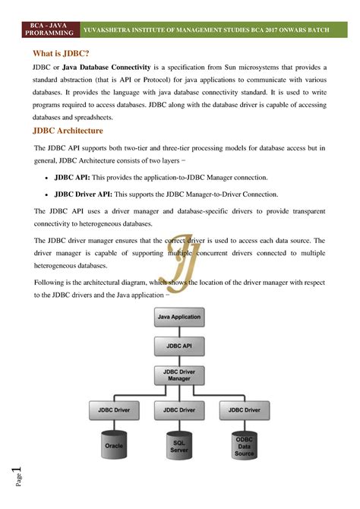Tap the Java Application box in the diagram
pos(178,317)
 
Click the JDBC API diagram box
pos(178,345)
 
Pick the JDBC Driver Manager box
pos(178,375)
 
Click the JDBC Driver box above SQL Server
pos(178,410)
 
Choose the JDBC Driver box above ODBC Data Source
pos(244,410)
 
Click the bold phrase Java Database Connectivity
pos(105,68)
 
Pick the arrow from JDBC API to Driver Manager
pos(178,359)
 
